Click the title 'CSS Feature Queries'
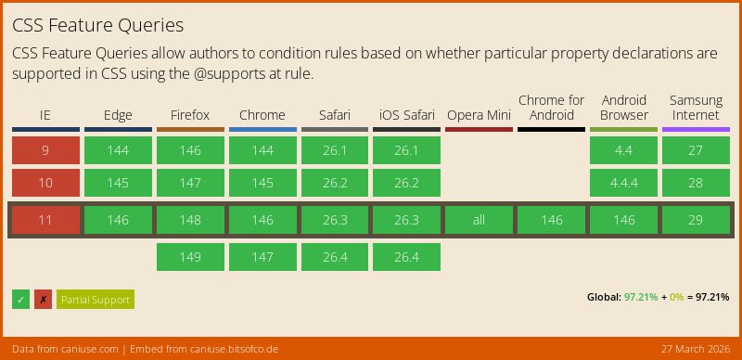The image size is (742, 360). pos(97,25)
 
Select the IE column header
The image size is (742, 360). pos(45,115)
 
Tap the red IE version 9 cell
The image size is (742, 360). pos(45,150)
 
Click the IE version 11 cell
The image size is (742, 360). pos(45,220)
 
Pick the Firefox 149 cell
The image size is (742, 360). pos(190,257)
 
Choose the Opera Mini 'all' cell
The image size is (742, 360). pos(479,220)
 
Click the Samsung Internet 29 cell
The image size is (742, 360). pos(696,220)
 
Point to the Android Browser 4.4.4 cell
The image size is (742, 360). pos(623,183)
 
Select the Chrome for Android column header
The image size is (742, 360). pos(551,108)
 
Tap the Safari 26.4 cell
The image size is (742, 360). pos(334,257)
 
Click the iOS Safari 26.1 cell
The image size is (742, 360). pos(406,150)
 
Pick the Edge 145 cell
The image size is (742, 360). pos(118,183)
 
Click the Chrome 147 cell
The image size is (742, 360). pos(262,257)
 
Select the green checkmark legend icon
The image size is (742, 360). pos(20,299)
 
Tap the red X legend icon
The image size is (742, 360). pos(43,299)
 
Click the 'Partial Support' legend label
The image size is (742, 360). pos(96,299)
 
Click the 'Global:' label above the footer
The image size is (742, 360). pos(604,297)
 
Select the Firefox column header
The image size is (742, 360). pos(190,115)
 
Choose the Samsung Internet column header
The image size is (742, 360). pos(696,108)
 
